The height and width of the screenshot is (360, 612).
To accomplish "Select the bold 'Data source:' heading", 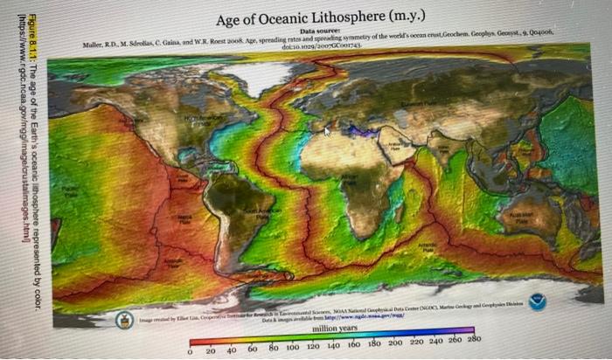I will click(323, 31).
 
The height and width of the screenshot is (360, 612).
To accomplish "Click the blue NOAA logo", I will click(537, 301).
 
